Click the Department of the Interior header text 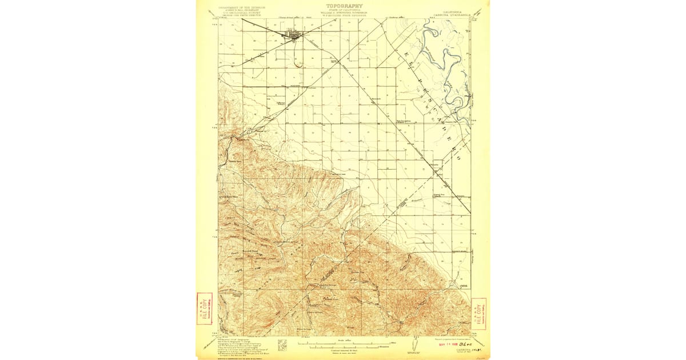point(234,8)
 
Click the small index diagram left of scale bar point(281,345)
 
